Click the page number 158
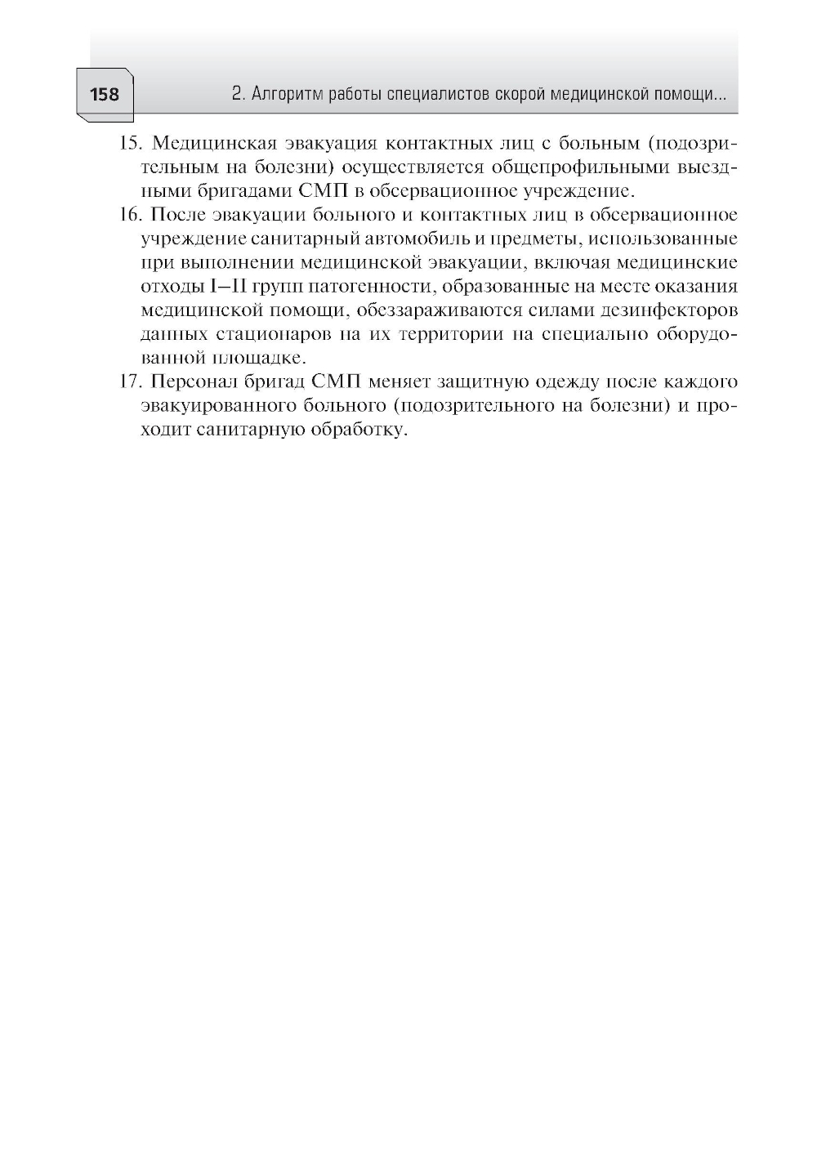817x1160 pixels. (x=105, y=95)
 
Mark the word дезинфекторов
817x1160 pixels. (x=659, y=311)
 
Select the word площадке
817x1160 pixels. (x=259, y=359)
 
